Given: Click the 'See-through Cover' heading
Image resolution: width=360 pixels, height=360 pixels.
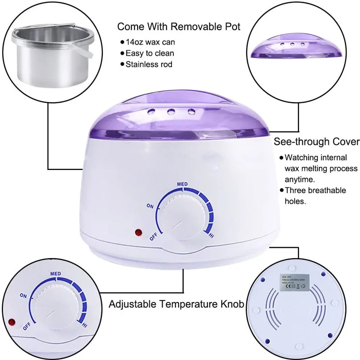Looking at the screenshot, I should pos(316,142).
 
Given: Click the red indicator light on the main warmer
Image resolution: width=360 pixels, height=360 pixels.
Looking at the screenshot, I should pos(139,232).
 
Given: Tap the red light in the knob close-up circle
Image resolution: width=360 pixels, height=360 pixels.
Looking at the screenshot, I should pos(12,321).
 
